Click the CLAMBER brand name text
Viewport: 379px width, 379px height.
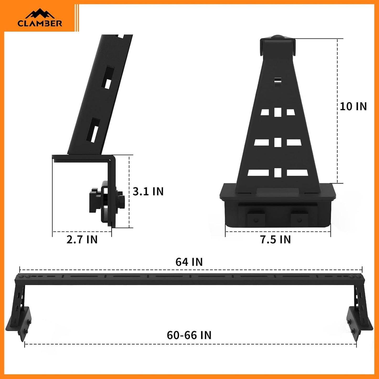(40, 23)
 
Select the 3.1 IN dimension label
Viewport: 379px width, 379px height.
(148, 191)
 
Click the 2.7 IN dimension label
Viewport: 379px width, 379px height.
(82, 239)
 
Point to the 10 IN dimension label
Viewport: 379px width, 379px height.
(353, 106)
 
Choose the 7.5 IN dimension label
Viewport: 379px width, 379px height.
(275, 239)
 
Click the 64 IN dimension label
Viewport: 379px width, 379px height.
(189, 262)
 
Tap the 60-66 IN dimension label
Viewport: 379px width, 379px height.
(189, 335)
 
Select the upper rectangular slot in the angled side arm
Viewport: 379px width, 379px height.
(108, 78)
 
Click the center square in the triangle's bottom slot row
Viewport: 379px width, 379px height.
(278, 173)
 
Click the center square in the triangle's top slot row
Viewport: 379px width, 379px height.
(278, 112)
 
